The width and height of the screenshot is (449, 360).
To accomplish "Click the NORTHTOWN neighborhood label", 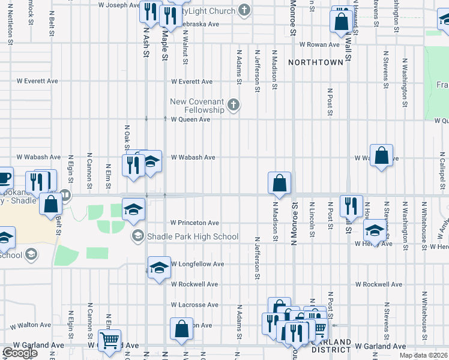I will tap(315, 62).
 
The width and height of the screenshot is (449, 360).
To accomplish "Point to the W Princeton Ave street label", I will tap(194, 223).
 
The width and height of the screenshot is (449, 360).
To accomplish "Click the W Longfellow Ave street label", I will tap(197, 264).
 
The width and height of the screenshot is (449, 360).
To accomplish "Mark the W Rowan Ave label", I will tap(321, 44).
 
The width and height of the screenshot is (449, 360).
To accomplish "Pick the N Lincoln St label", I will tap(312, 223).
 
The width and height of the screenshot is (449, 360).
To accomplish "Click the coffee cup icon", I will tap(4, 179).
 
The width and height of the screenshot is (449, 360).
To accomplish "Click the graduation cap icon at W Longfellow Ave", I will tap(159, 267).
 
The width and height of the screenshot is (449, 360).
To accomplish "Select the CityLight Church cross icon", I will tap(244, 10).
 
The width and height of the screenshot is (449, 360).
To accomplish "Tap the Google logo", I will tap(20, 353).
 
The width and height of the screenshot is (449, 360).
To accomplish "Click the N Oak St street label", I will tap(127, 138).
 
